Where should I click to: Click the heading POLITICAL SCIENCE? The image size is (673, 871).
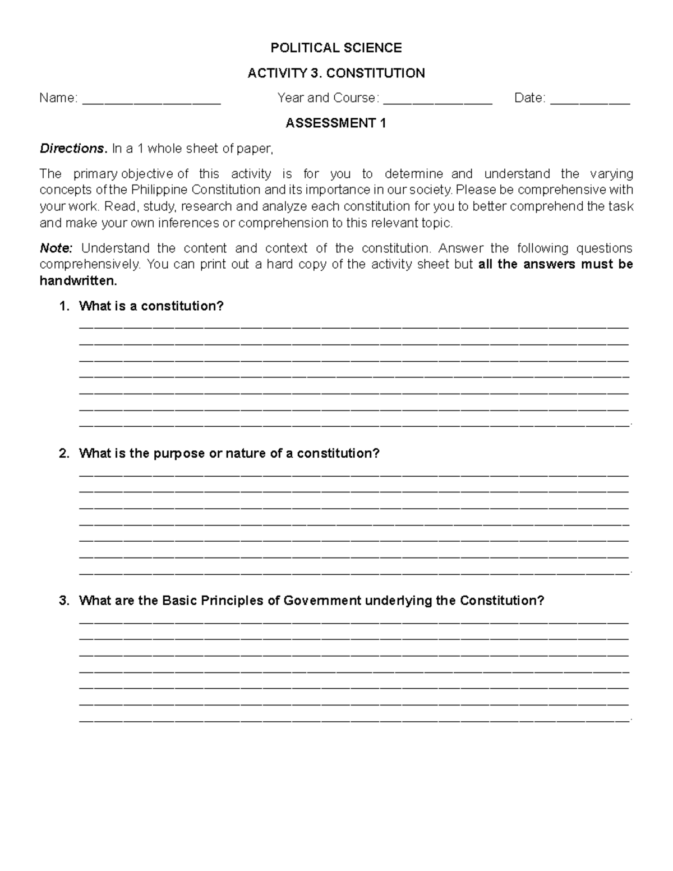[x=336, y=48]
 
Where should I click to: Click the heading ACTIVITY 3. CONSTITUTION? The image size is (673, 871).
[x=336, y=73]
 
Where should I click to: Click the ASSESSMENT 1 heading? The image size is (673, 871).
[x=336, y=123]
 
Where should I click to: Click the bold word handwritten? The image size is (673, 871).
[x=78, y=281]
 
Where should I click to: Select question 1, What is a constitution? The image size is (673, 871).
[x=151, y=306]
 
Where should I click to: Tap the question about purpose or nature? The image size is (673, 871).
[x=229, y=453]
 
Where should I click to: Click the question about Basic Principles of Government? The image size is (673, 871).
[x=311, y=601]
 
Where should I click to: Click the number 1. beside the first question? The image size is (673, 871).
[x=64, y=306]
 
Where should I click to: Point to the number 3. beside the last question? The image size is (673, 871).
[x=64, y=601]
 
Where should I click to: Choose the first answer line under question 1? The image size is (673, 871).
[x=353, y=326]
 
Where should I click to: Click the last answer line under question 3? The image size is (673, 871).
[x=353, y=718]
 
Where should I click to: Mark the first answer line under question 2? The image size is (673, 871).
[x=353, y=474]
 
